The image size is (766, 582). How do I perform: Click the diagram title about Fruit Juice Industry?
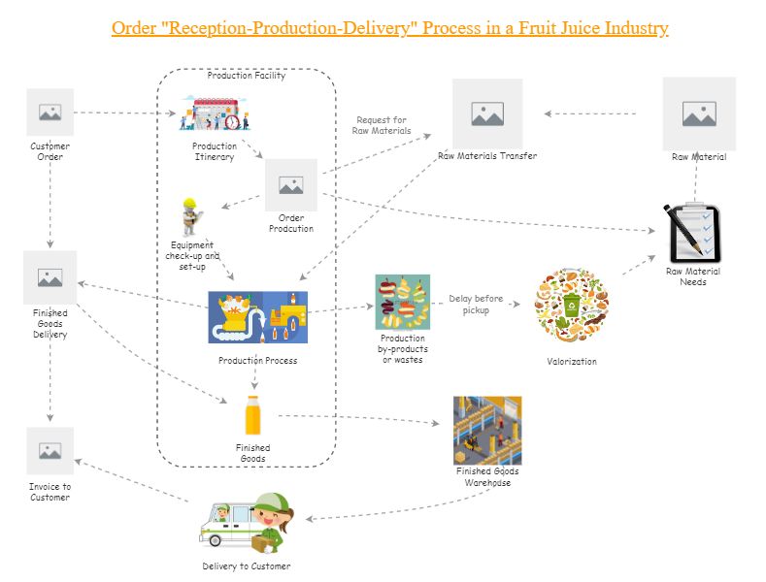point(389,27)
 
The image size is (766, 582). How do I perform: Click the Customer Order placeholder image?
point(50,113)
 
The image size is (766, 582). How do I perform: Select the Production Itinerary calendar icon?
point(215,113)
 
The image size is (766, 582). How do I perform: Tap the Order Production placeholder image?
point(291,184)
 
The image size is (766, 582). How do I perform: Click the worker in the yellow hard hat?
point(190,216)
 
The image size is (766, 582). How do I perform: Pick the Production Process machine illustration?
point(257,317)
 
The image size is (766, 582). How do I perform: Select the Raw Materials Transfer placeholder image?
point(487,113)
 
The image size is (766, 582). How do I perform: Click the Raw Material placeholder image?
point(699,113)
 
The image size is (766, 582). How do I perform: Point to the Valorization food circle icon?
point(571,306)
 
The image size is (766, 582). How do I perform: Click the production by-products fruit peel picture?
point(403,302)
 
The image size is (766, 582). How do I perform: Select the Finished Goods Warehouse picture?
point(487,430)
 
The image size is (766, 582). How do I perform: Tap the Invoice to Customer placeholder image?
point(50,450)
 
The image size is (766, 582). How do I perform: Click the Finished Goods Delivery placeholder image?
point(50,277)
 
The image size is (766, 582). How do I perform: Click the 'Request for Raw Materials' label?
point(382,125)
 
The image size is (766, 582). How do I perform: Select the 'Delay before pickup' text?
point(476,305)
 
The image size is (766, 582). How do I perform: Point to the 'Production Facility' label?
point(247,76)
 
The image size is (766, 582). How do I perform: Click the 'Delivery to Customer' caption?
point(247,566)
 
